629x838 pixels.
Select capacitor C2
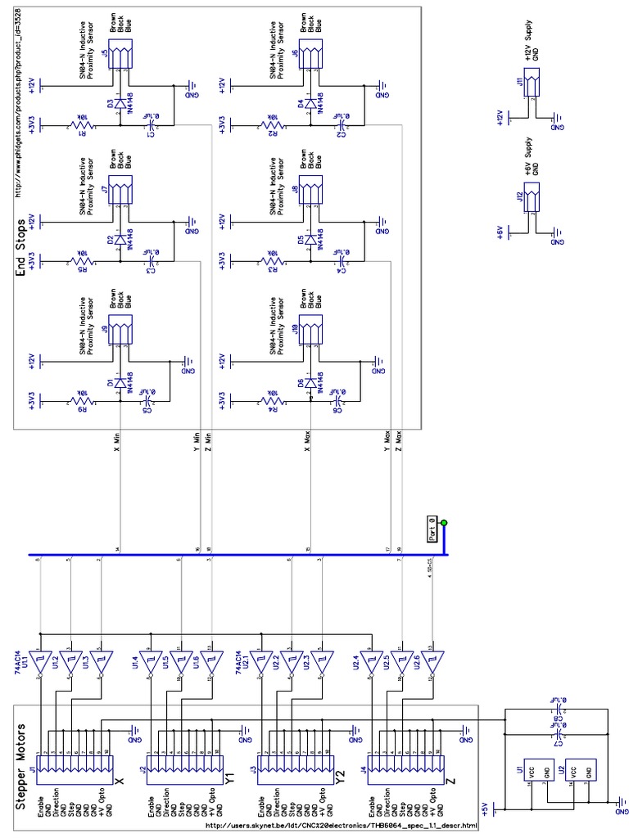point(341,125)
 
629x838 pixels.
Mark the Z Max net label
point(399,441)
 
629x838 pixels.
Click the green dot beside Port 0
point(444,523)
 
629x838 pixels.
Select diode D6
point(309,383)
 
